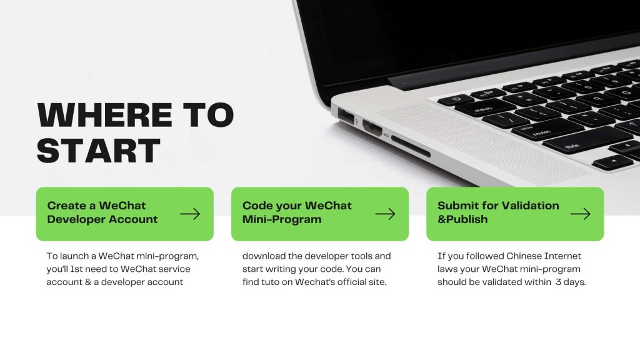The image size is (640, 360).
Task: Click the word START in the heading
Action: (x=99, y=151)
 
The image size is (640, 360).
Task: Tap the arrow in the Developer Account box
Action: (x=190, y=214)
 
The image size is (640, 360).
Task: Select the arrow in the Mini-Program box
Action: (x=385, y=214)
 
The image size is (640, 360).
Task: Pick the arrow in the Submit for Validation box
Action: (x=580, y=214)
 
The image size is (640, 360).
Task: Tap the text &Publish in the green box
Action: (x=462, y=219)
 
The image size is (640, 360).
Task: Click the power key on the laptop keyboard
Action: (x=456, y=99)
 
